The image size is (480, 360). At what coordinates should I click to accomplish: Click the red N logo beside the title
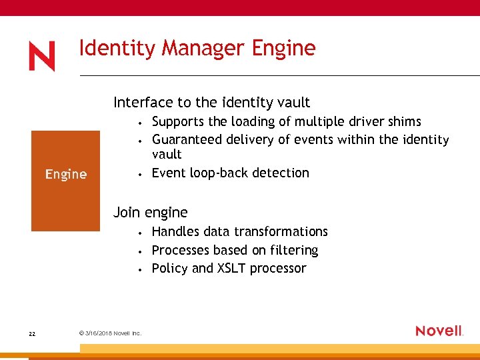pos(42,57)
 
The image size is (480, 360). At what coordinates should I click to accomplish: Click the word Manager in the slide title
pos(205,49)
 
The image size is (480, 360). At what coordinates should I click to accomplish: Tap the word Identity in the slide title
pos(118,49)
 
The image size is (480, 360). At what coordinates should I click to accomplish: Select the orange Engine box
pos(66,181)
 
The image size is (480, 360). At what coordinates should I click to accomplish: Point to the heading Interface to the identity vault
pos(211,103)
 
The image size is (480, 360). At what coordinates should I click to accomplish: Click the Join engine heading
pos(151,213)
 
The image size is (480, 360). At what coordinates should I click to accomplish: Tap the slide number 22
pos(32,333)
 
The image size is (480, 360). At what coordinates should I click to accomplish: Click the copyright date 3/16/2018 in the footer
pos(98,333)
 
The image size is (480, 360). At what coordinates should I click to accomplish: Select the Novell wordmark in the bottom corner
pos(439,331)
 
